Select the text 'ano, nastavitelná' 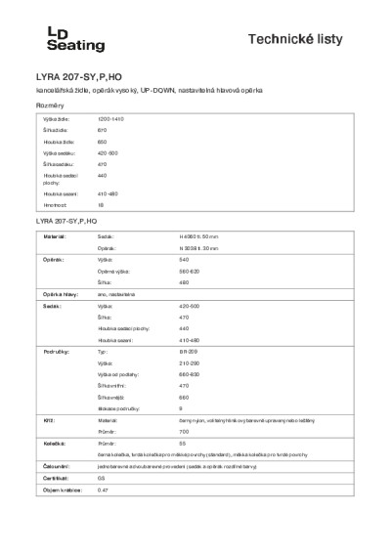(x=118, y=294)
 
